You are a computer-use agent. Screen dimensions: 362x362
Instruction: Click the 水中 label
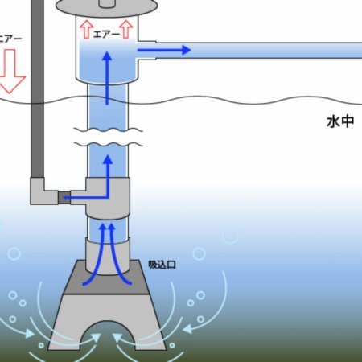pyautogui.click(x=340, y=121)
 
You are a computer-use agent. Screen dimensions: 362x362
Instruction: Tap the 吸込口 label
pyautogui.click(x=162, y=265)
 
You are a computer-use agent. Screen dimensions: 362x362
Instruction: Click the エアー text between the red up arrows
pyautogui.click(x=106, y=35)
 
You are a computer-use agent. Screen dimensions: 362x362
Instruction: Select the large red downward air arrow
pyautogui.click(x=11, y=71)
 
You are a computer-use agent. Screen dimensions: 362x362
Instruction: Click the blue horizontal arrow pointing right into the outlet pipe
pyautogui.click(x=164, y=50)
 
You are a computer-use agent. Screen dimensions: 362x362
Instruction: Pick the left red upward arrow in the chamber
pyautogui.click(x=86, y=29)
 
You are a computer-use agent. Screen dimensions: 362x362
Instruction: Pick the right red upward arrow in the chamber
pyautogui.click(x=126, y=29)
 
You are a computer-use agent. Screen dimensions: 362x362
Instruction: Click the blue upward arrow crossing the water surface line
pyautogui.click(x=107, y=78)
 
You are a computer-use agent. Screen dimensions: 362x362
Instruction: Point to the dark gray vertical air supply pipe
pyautogui.click(x=37, y=88)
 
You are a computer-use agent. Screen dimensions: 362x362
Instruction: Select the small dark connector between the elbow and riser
pyautogui.click(x=64, y=198)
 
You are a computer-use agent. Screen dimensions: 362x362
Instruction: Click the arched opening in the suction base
pyautogui.click(x=107, y=335)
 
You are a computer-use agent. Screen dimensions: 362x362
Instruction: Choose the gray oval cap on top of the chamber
pyautogui.click(x=106, y=7)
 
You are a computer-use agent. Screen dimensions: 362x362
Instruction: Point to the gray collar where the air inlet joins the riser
pyautogui.click(x=108, y=198)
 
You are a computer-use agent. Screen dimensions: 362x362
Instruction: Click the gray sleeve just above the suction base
pyautogui.click(x=108, y=256)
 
